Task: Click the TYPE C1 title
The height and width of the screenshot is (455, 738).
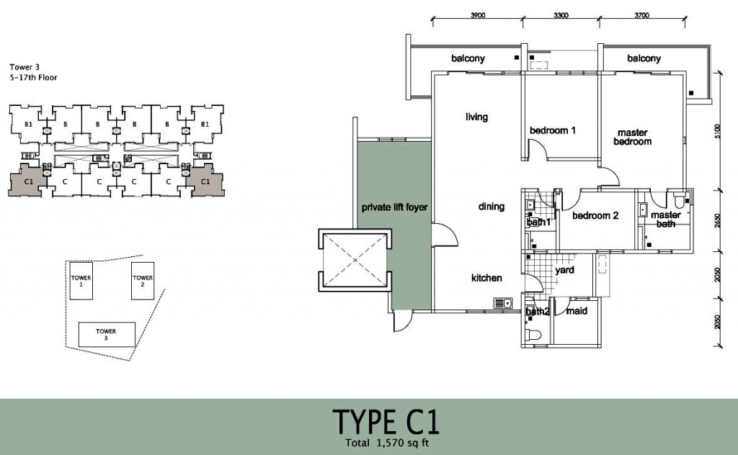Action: [x=386, y=420]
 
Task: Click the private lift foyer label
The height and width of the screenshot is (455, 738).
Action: [x=394, y=207]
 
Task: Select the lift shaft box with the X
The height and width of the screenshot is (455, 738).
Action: [x=352, y=259]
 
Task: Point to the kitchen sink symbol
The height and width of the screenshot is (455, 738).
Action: [x=502, y=303]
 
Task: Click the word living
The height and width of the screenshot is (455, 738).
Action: [x=477, y=117]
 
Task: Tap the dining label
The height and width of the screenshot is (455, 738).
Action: [x=491, y=207]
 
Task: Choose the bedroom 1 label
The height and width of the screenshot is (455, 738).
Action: [x=553, y=130]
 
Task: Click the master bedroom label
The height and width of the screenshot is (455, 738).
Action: [x=632, y=137]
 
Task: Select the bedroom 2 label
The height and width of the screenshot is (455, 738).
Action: [x=595, y=215]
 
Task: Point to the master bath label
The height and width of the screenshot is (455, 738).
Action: [x=665, y=220]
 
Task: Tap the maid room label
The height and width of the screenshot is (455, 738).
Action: [x=575, y=311]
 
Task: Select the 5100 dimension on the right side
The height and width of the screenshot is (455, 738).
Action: [x=716, y=132]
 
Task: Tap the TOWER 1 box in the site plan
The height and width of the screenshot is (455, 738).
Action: [x=81, y=281]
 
